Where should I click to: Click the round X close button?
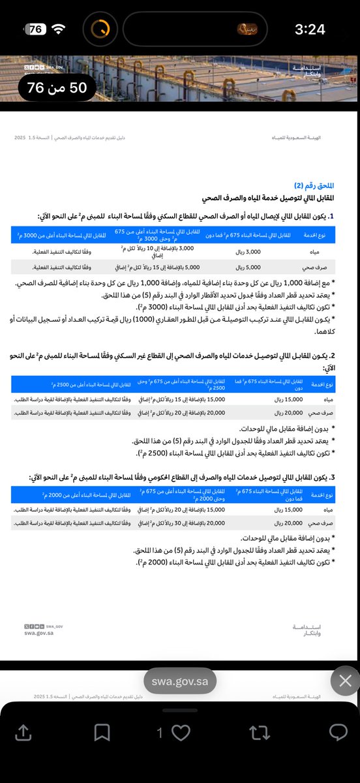click(345, 682)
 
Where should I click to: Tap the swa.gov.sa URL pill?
click(180, 682)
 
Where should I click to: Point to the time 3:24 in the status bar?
click(310, 29)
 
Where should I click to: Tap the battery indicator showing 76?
click(37, 29)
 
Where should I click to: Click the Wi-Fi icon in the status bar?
click(59, 29)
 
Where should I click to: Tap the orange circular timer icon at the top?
click(100, 29)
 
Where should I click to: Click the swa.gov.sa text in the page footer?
click(38, 632)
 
